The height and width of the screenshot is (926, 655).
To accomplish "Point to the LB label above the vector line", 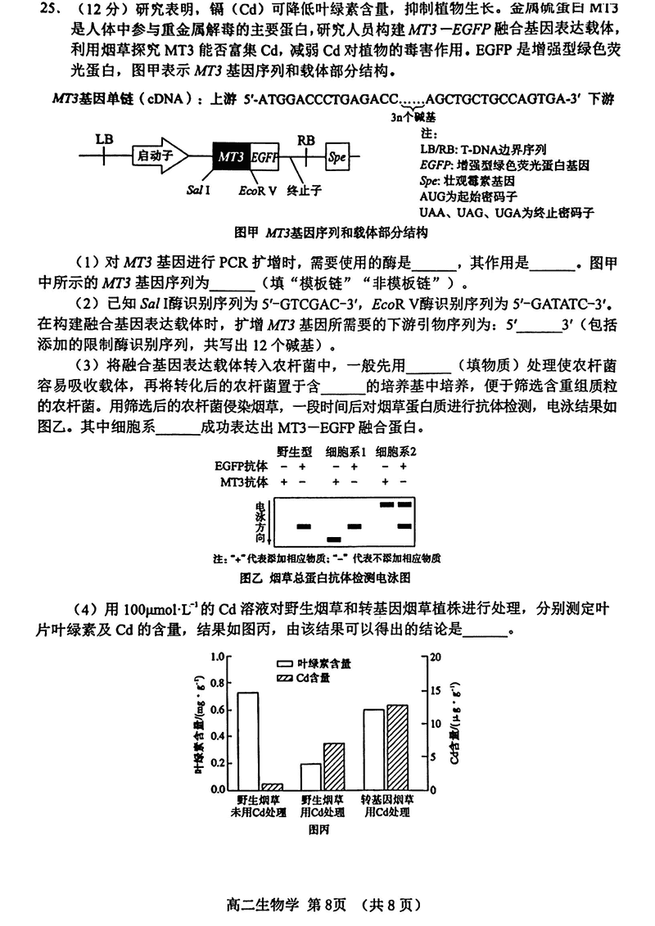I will click(x=104, y=138).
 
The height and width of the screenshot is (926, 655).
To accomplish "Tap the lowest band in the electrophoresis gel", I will click(x=333, y=539).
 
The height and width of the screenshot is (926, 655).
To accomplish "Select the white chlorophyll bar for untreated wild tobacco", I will click(x=248, y=740).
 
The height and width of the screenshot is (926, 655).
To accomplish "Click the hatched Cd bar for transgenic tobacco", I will click(x=397, y=747).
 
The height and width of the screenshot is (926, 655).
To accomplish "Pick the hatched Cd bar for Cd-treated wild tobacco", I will click(x=334, y=766).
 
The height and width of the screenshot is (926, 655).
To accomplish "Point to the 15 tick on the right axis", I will click(x=436, y=690).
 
